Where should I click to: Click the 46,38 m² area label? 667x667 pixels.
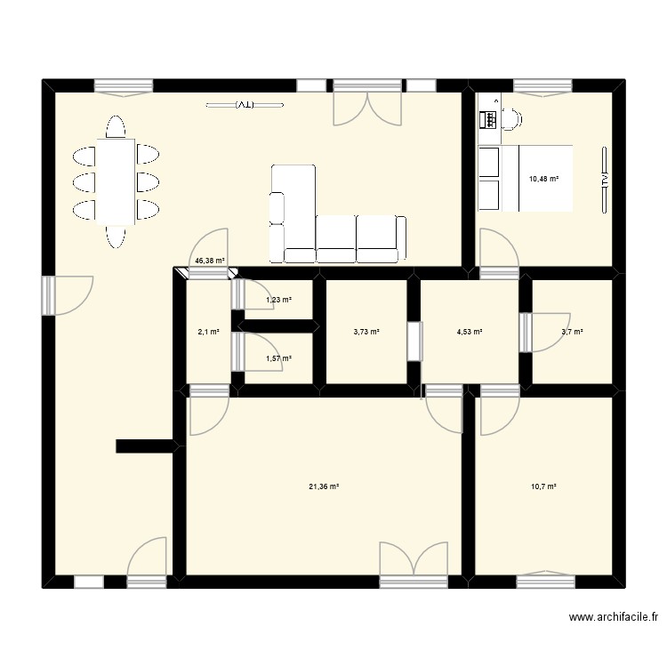[x=209, y=261]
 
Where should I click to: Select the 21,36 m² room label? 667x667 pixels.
[x=324, y=486]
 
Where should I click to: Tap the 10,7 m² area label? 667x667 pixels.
[x=542, y=486]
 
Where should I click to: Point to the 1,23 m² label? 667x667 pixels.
[x=278, y=300]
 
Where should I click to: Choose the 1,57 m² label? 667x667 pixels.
[x=278, y=358]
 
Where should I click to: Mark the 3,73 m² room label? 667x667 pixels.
[x=366, y=332]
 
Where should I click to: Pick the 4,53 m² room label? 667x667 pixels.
[x=469, y=332]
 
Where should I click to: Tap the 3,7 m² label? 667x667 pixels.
[x=572, y=332]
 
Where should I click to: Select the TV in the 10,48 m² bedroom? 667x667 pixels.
[x=604, y=178]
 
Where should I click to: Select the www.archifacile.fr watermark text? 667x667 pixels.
[x=615, y=617]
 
